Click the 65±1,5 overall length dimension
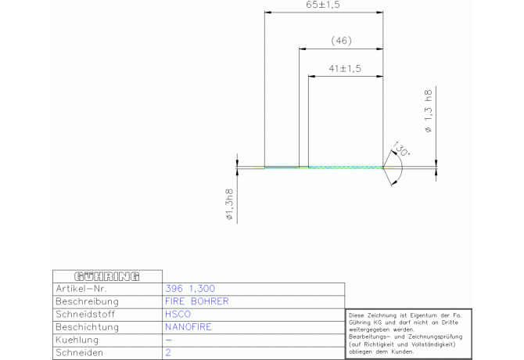[323, 5]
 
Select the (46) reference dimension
[341, 41]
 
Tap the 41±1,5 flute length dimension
[345, 69]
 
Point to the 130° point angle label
[400, 149]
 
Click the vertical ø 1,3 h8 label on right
[428, 111]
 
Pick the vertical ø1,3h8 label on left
[230, 204]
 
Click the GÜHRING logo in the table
[107, 276]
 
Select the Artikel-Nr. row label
[81, 289]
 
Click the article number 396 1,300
[190, 289]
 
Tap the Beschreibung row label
[88, 301]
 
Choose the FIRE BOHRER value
[197, 301]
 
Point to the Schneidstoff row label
[85, 314]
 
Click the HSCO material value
[178, 314]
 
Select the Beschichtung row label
[88, 327]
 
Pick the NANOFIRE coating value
[188, 327]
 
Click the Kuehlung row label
[77, 340]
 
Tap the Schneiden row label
[79, 353]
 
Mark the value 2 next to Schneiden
[168, 353]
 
